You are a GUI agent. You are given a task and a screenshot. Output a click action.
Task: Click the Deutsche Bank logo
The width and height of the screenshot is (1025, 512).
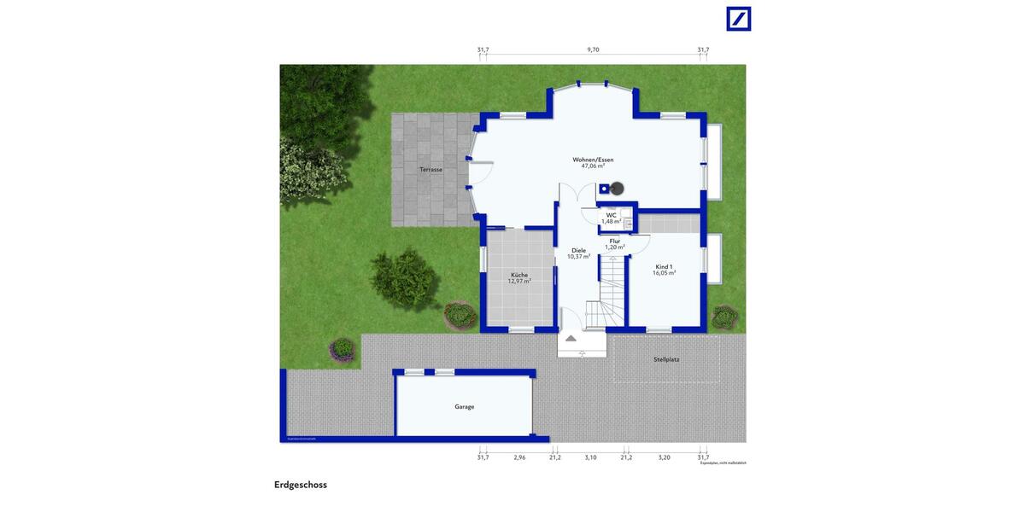click(x=738, y=19)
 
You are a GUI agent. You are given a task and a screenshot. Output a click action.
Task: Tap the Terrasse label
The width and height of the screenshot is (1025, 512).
click(x=430, y=170)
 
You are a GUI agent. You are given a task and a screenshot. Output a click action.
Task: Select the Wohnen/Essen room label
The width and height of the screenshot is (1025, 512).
click(x=593, y=160)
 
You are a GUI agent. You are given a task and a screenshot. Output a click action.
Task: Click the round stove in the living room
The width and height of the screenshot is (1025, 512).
click(x=617, y=188)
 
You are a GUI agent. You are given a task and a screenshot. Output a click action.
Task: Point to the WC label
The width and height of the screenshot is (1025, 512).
click(x=612, y=215)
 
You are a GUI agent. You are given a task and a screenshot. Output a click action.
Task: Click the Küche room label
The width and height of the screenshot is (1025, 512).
click(x=519, y=275)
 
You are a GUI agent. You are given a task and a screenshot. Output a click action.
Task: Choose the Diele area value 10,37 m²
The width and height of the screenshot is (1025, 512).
click(x=579, y=256)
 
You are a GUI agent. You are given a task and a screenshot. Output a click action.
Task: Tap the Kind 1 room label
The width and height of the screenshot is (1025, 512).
click(x=665, y=266)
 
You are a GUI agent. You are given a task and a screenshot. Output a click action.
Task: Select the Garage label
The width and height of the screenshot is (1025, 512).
click(x=464, y=407)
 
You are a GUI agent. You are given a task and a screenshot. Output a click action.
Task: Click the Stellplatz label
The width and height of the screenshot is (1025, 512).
click(x=666, y=359)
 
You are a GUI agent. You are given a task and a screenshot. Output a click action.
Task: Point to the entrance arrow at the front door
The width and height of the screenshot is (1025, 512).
click(x=571, y=338)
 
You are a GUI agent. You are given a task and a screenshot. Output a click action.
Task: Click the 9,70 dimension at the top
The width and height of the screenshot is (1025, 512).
click(x=593, y=50)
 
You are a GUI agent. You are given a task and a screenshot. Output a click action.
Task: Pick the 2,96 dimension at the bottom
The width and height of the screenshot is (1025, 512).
click(x=519, y=458)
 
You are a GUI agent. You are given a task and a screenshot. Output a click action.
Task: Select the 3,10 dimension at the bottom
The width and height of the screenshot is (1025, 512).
click(x=590, y=458)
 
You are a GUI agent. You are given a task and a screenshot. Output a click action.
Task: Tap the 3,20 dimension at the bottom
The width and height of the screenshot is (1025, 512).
click(x=665, y=458)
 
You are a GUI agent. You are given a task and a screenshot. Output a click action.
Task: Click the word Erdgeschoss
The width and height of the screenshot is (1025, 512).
click(x=301, y=485)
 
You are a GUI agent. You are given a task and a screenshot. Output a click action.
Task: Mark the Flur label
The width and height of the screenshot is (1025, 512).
click(x=615, y=241)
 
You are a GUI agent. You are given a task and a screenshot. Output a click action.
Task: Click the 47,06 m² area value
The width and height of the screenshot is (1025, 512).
click(x=593, y=166)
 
